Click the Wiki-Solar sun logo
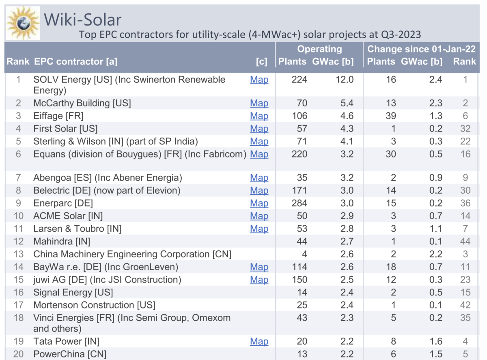point(24,23)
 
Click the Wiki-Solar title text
point(82,19)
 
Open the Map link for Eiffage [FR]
point(259,116)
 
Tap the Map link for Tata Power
point(259,341)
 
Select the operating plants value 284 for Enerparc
point(299,203)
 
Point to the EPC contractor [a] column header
point(75,62)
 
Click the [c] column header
point(262,62)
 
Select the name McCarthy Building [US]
point(82,103)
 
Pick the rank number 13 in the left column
point(18,254)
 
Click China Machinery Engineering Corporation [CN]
point(132,254)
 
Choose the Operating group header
point(319,49)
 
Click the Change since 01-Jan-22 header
point(421,49)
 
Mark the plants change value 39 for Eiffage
point(390,116)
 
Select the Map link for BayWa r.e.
point(259,267)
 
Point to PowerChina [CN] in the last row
point(69,354)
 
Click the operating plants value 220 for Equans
point(299,154)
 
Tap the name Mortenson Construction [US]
point(94,305)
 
